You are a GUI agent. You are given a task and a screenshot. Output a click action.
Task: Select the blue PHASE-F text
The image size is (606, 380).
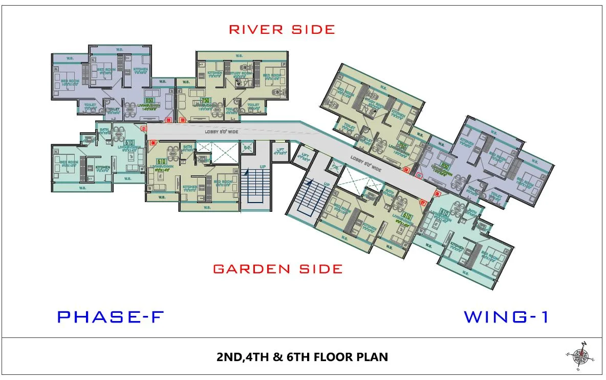tap(110, 317)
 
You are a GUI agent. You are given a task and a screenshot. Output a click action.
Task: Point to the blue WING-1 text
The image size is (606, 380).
tap(506, 317)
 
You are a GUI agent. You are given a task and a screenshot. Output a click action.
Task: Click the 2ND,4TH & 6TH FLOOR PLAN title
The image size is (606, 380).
tap(302, 356)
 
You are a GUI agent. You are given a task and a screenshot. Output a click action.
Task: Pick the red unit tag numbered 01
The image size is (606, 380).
tap(144, 128)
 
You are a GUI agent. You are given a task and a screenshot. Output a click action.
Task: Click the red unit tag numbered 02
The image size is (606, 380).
tap(168, 120)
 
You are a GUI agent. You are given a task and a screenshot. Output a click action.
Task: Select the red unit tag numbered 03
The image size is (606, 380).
tap(183, 120)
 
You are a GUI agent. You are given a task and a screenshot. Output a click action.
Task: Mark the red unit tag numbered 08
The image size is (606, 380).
tap(152, 143)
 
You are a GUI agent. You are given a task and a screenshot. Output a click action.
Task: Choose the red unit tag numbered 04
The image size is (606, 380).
tap(406, 169)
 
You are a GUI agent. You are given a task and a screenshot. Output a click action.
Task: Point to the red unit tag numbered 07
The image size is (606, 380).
tap(423, 202)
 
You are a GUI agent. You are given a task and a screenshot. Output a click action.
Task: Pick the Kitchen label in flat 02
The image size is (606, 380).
tap(141, 70)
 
